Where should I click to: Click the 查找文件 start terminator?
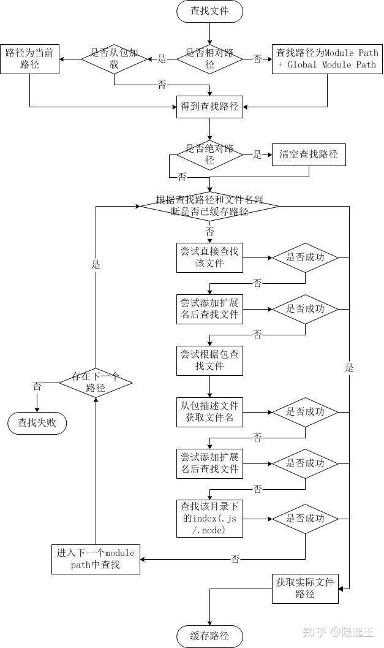coord(209,11)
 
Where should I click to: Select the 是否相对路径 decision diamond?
coord(209,59)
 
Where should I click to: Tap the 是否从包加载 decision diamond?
coord(114,59)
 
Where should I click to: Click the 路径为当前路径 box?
coord(29,59)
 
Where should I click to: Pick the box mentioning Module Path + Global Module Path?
coord(327,59)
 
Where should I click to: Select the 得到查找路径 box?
coord(209,107)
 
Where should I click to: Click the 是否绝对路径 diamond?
coord(209,154)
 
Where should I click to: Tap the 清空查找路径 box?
coord(309,154)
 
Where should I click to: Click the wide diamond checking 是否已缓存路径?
coord(209,205)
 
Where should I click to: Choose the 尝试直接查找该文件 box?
coord(209,257)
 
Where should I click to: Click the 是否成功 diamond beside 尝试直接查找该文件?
coord(305,257)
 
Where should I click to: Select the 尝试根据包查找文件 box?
coord(209,360)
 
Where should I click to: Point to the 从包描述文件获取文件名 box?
coord(209,412)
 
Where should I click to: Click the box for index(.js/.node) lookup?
coord(209,519)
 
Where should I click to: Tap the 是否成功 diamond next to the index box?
coord(305,519)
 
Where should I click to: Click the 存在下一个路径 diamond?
coord(96,382)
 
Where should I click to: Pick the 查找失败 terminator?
coord(37,422)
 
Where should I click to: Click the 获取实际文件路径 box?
coord(305,588)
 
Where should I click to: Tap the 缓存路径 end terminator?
coord(209,636)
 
